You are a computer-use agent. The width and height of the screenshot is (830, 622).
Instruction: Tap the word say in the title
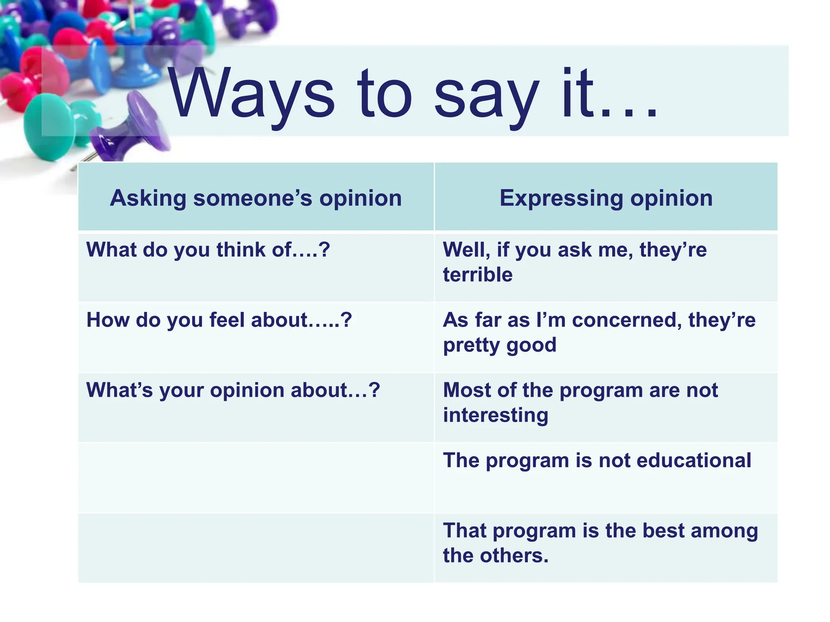tap(486, 97)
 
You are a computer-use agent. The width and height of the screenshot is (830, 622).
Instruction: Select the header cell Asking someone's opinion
tap(256, 198)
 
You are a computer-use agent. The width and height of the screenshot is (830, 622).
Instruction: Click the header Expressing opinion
tap(605, 198)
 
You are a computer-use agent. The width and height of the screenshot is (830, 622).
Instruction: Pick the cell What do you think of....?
tap(208, 249)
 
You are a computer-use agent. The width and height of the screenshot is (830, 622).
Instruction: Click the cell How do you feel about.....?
tap(219, 320)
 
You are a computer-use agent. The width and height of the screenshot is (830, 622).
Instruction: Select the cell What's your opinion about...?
tap(233, 390)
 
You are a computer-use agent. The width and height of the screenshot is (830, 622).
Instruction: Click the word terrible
tap(477, 275)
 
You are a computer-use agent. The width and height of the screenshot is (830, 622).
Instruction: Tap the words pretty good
tap(499, 345)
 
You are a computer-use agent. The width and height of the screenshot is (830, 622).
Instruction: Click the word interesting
tap(495, 415)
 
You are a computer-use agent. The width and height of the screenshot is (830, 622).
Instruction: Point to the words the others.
tap(495, 556)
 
